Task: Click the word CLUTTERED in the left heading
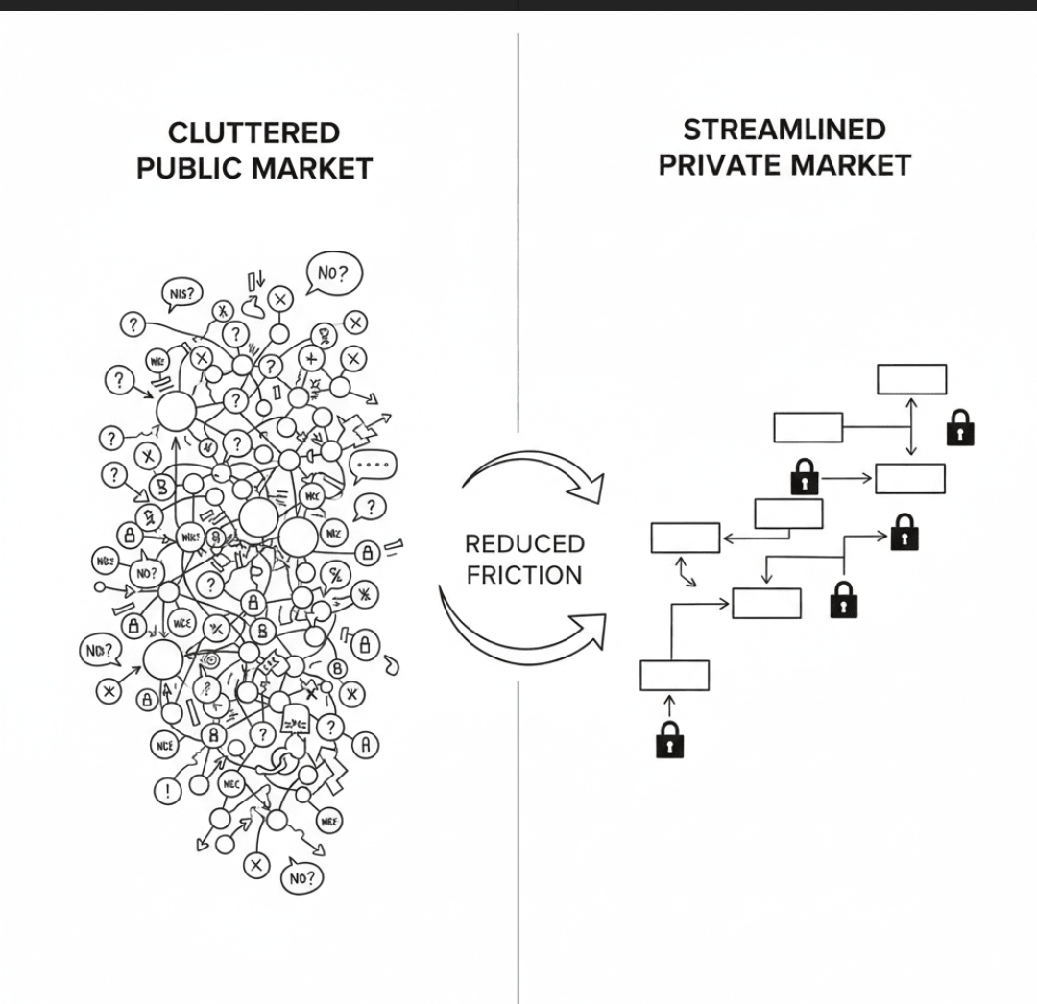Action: [253, 132]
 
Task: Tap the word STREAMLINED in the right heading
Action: [784, 129]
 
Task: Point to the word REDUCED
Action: [524, 544]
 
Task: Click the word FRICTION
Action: [524, 575]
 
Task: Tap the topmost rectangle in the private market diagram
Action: [911, 379]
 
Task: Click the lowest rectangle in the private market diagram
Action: [674, 675]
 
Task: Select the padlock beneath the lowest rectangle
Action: [669, 739]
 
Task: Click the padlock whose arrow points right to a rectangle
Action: [804, 476]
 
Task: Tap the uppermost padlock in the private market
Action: [960, 427]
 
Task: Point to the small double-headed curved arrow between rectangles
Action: [687, 575]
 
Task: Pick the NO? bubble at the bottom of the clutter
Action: [301, 876]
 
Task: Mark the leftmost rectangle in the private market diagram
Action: [685, 538]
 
